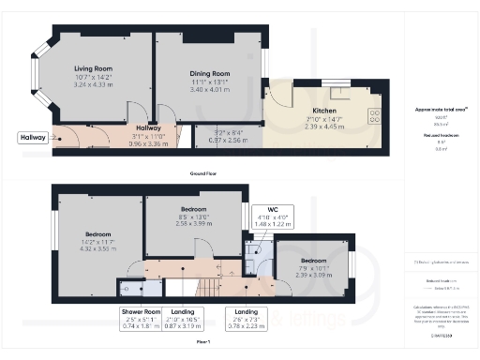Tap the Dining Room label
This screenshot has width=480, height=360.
(x=209, y=73)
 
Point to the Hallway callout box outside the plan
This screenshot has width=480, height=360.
(x=32, y=138)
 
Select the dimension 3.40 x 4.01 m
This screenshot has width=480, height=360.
(x=209, y=90)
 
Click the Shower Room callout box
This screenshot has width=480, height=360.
(x=142, y=319)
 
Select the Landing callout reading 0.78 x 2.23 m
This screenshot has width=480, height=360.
(x=248, y=319)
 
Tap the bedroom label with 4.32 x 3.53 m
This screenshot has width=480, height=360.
(x=99, y=233)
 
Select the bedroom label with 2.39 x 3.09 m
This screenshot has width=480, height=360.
(x=314, y=260)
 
